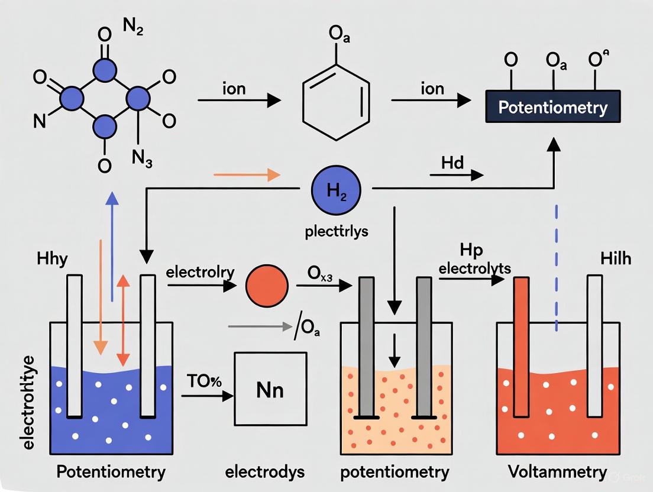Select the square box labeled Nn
270,389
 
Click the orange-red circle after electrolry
267,286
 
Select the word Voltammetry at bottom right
557,472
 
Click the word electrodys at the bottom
264,472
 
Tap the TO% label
205,380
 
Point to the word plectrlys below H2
337,231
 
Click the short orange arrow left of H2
245,174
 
